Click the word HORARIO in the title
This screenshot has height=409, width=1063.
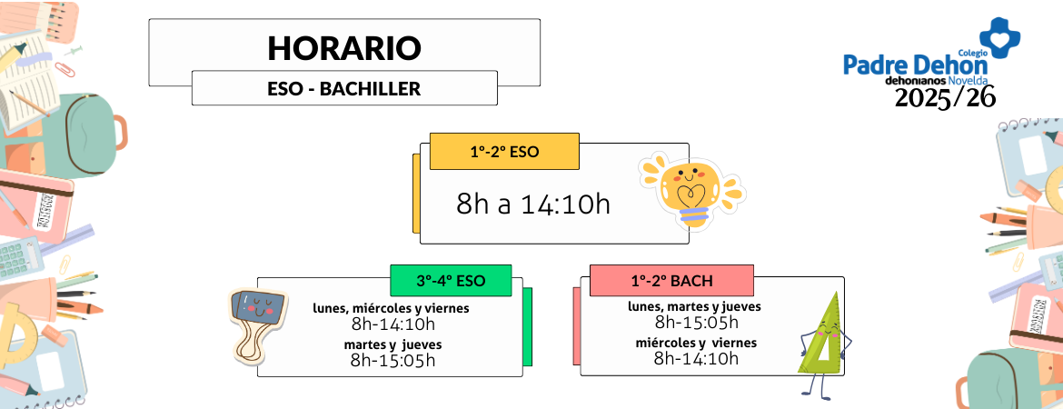point(344,48)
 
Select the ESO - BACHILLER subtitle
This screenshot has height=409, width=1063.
point(344,89)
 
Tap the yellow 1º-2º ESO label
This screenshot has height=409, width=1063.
point(504,152)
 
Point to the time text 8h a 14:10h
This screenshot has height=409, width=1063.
point(533,204)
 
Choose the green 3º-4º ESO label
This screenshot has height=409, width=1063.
point(451,281)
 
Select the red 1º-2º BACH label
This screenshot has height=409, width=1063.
point(671,281)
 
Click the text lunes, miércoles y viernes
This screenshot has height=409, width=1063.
point(392,308)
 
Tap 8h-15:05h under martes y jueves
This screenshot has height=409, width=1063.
point(392,360)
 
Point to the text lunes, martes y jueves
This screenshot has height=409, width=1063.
point(694,306)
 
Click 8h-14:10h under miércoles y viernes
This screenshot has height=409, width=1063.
point(696,358)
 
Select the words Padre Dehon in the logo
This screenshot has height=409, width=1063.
point(914,65)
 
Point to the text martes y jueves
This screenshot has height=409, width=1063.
point(392,344)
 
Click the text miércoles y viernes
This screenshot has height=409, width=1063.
point(696,343)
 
